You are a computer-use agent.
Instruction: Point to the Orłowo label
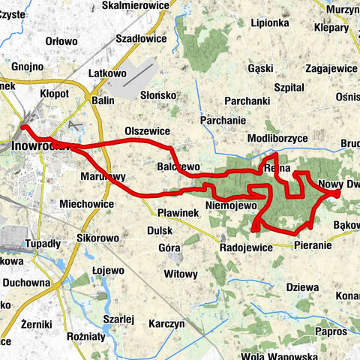pos(61,41)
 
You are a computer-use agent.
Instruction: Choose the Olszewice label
pos(148,130)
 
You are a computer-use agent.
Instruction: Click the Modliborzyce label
pos(277,139)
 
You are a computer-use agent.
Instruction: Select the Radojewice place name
pos(244,246)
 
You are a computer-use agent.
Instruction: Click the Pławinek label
pos(178,213)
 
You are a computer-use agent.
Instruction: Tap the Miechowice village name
pos(86,203)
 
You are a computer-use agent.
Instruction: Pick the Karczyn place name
pos(166,323)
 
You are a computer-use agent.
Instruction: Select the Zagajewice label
pos(332,67)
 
